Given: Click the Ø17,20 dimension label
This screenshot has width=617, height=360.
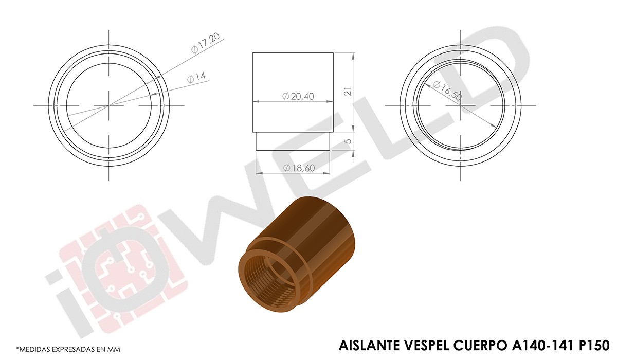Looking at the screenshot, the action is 206,43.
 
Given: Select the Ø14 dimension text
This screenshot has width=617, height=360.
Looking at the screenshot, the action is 196,77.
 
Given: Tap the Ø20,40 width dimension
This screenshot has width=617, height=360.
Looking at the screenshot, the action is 298,96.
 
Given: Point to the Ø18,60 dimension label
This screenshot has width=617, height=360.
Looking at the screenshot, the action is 299,168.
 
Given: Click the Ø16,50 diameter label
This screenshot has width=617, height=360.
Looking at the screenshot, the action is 447,91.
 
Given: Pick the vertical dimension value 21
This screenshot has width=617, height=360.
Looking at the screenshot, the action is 349,92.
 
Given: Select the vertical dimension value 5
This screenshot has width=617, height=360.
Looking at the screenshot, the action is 349,141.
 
